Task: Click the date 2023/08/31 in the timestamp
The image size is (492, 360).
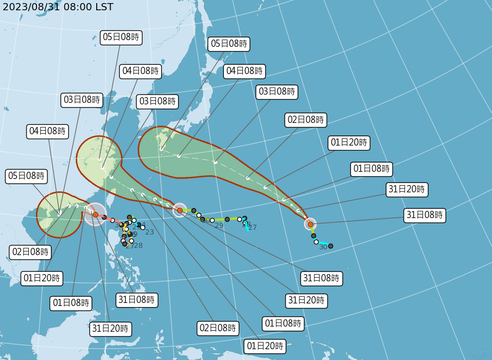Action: click(x=30, y=7)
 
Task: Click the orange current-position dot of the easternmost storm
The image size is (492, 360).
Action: click(x=310, y=224)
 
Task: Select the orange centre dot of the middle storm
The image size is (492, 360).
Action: click(x=180, y=210)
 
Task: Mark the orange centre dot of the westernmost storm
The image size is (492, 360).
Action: click(x=95, y=214)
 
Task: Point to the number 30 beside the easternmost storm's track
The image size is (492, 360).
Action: click(x=323, y=247)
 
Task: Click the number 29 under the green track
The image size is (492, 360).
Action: click(x=219, y=226)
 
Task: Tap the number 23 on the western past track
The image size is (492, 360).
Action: click(x=150, y=232)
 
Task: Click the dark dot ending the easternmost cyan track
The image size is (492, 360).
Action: click(x=330, y=246)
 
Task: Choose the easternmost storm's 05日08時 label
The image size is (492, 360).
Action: click(x=229, y=44)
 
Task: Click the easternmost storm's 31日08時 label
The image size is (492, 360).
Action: click(x=425, y=215)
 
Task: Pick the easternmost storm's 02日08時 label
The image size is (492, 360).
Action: click(x=306, y=120)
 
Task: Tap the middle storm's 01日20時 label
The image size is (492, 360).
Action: click(x=265, y=346)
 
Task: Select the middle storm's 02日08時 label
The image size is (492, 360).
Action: click(x=218, y=328)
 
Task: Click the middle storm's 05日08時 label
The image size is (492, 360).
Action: click(x=121, y=37)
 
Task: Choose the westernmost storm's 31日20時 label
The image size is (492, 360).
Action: click(x=111, y=328)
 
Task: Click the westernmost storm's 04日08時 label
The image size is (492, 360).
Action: click(x=47, y=131)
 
